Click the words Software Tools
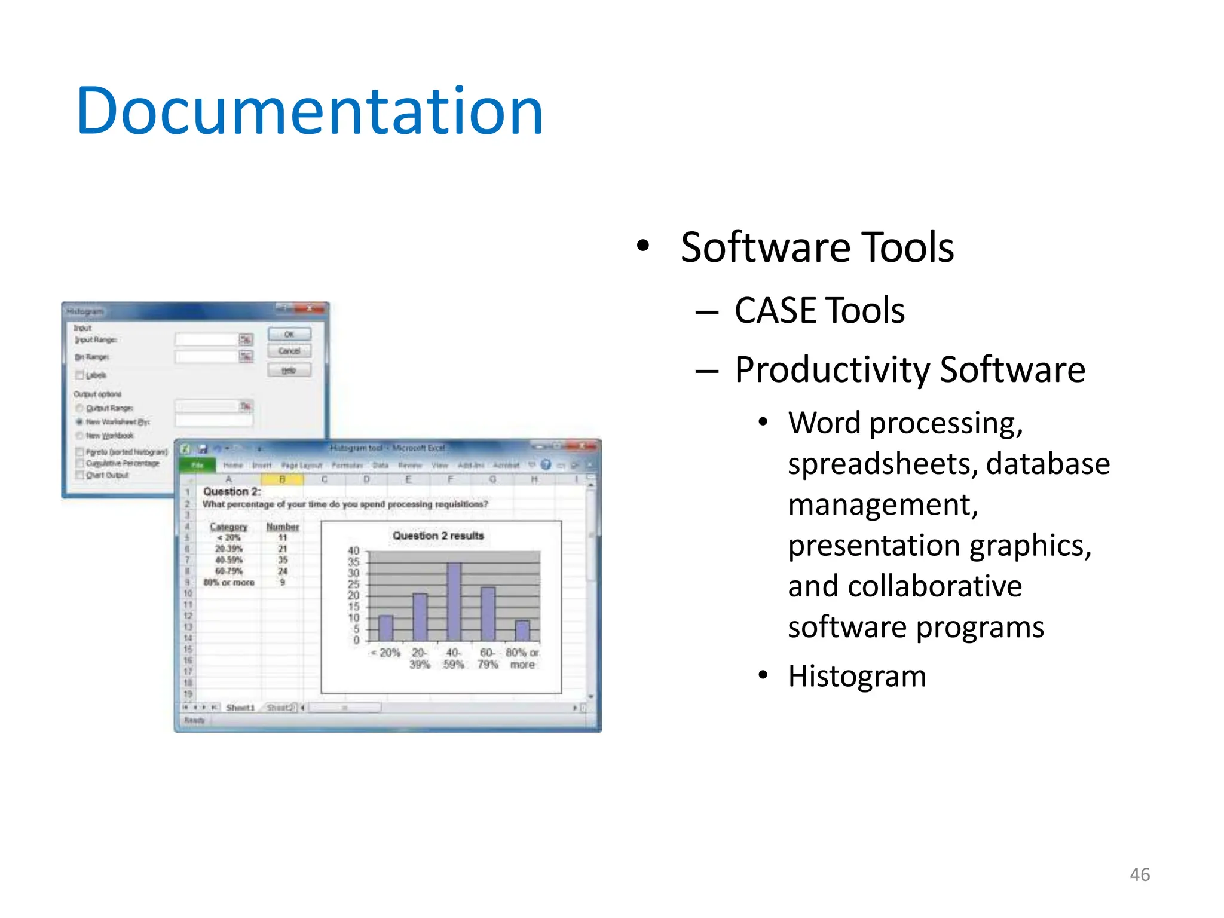pyautogui.click(x=817, y=247)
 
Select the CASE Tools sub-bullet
pyautogui.click(x=819, y=311)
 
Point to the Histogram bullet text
pyautogui.click(x=857, y=677)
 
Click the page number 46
pyautogui.click(x=1140, y=874)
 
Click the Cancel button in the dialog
pyautogui.click(x=289, y=351)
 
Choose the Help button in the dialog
pyautogui.click(x=289, y=371)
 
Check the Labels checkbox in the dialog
pyautogui.click(x=79, y=375)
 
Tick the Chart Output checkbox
pyautogui.click(x=79, y=475)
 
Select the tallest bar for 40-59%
pyautogui.click(x=454, y=601)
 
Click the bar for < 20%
pyautogui.click(x=386, y=628)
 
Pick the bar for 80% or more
pyautogui.click(x=522, y=630)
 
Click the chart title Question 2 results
pyautogui.click(x=438, y=536)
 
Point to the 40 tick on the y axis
pyautogui.click(x=354, y=551)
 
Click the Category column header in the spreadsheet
pyautogui.click(x=228, y=527)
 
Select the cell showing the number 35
pyautogui.click(x=283, y=560)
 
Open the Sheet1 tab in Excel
pyautogui.click(x=240, y=708)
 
